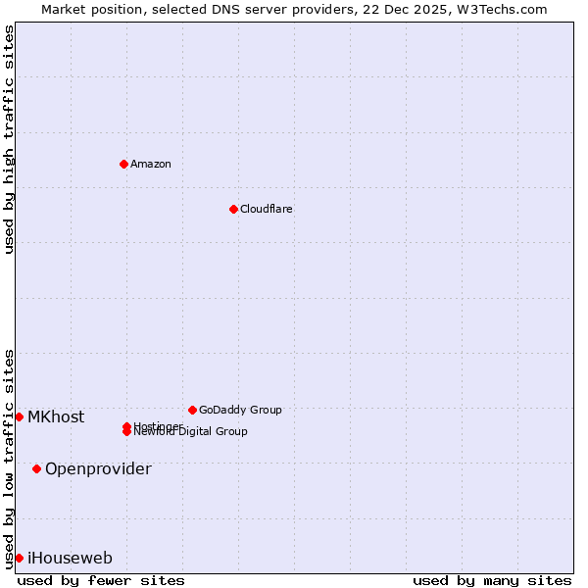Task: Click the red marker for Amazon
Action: click(x=123, y=164)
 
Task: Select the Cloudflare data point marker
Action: click(x=233, y=209)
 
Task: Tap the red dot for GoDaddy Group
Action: click(x=192, y=410)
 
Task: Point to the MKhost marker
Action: click(x=19, y=416)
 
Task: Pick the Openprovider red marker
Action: click(x=36, y=468)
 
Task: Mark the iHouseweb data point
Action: click(x=19, y=558)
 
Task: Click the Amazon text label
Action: click(x=151, y=164)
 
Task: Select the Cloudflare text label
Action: click(x=267, y=209)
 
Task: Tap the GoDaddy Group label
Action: click(x=240, y=410)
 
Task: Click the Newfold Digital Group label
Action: click(x=191, y=432)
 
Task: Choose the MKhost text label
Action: click(x=56, y=416)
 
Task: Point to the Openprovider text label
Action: click(x=98, y=468)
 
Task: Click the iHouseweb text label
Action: click(x=70, y=558)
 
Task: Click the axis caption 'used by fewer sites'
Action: click(x=101, y=580)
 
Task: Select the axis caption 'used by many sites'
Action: click(x=492, y=580)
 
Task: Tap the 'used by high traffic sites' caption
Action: click(x=9, y=139)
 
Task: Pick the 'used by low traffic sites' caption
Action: click(x=9, y=459)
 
